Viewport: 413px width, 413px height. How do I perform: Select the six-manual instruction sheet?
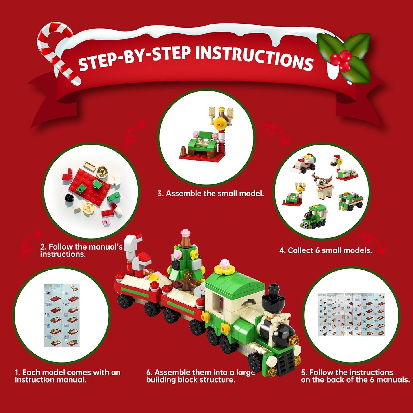point(351,314)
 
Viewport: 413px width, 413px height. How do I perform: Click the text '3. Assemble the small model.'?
point(211,194)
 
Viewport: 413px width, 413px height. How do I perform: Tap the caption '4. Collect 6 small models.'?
point(326,250)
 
